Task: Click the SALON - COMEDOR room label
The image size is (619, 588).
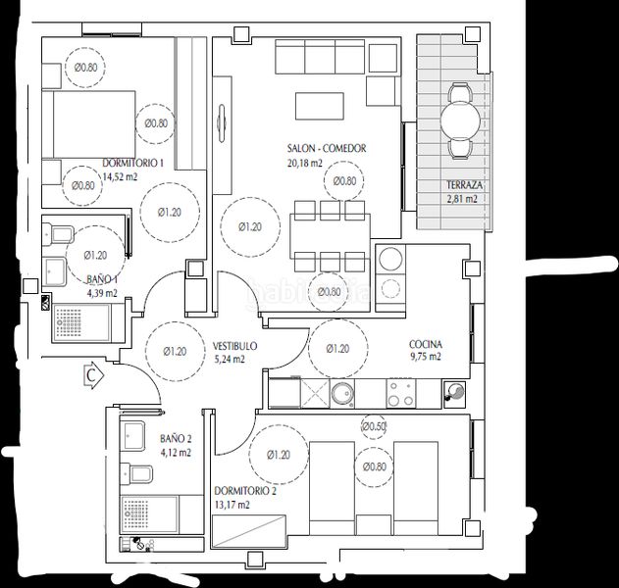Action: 327,149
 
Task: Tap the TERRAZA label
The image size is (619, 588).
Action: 464,185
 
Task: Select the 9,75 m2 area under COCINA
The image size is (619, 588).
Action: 425,357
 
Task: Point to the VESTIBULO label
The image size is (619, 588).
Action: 234,346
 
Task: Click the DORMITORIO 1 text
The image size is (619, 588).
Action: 133,163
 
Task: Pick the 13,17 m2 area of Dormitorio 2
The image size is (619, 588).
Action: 232,505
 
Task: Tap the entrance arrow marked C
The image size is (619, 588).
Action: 94,375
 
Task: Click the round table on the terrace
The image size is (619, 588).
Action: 460,120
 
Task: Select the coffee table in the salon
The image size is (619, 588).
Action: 320,106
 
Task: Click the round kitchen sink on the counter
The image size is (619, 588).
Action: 341,394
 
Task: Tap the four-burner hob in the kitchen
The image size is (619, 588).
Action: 401,393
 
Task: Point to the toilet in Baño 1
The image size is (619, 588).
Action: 58,234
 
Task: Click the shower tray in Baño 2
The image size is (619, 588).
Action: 149,514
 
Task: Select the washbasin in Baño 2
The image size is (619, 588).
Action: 131,436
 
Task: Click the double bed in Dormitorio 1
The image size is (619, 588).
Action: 89,124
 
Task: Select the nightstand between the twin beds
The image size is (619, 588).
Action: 374,525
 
